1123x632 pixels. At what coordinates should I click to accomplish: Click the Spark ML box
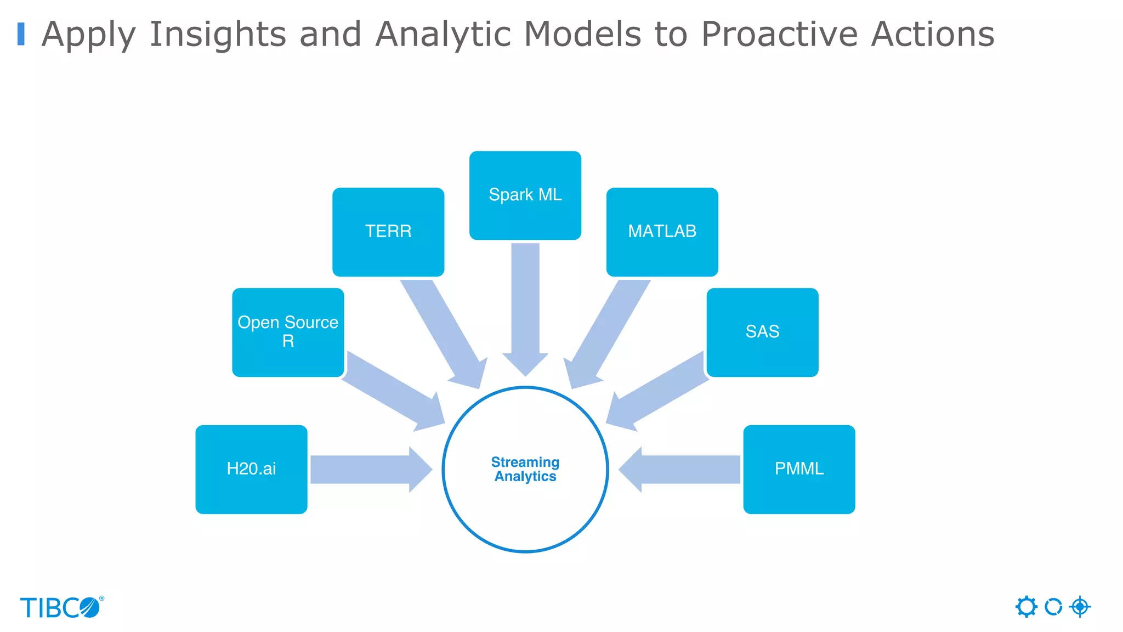(x=525, y=195)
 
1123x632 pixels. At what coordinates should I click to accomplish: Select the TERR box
(x=388, y=232)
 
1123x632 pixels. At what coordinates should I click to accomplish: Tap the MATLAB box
(x=662, y=232)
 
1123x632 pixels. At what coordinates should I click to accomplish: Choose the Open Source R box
(x=288, y=332)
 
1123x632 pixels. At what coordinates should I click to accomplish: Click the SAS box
(x=762, y=332)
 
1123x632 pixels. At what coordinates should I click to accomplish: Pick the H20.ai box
(x=251, y=469)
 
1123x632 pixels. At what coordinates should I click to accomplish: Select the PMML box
(x=799, y=469)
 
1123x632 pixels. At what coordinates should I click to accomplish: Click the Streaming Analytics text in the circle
(x=525, y=470)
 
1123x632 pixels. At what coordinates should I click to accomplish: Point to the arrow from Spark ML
(x=525, y=307)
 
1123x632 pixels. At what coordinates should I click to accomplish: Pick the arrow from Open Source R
(x=392, y=392)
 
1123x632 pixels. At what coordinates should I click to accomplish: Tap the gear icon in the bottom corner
(x=1026, y=607)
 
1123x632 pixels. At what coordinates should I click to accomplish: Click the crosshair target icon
(x=1080, y=607)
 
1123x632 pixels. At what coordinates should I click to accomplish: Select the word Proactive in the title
(x=779, y=34)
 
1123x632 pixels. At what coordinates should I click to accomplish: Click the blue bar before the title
(x=21, y=34)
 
